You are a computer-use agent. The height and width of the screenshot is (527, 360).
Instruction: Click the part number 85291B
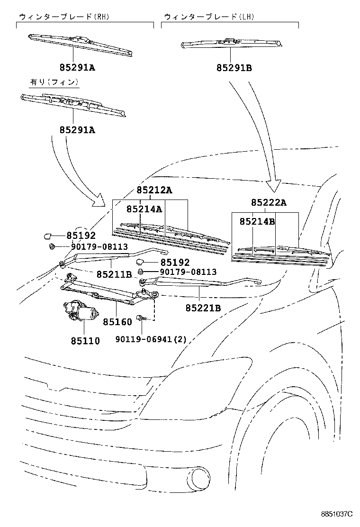(234, 68)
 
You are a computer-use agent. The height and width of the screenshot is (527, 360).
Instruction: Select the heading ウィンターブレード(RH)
(64, 17)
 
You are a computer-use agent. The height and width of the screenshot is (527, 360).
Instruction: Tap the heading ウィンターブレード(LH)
(208, 17)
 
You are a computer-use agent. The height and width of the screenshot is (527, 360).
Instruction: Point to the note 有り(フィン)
(54, 82)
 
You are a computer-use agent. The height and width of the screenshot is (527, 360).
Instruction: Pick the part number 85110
(85, 340)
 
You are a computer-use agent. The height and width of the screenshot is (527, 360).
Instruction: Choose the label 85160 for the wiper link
(117, 322)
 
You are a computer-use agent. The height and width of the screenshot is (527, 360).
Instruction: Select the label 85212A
(154, 191)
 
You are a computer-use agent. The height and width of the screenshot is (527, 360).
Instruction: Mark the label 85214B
(257, 221)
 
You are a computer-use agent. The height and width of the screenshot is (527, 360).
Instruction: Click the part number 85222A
(269, 202)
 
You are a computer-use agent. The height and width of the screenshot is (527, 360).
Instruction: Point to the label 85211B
(114, 274)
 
